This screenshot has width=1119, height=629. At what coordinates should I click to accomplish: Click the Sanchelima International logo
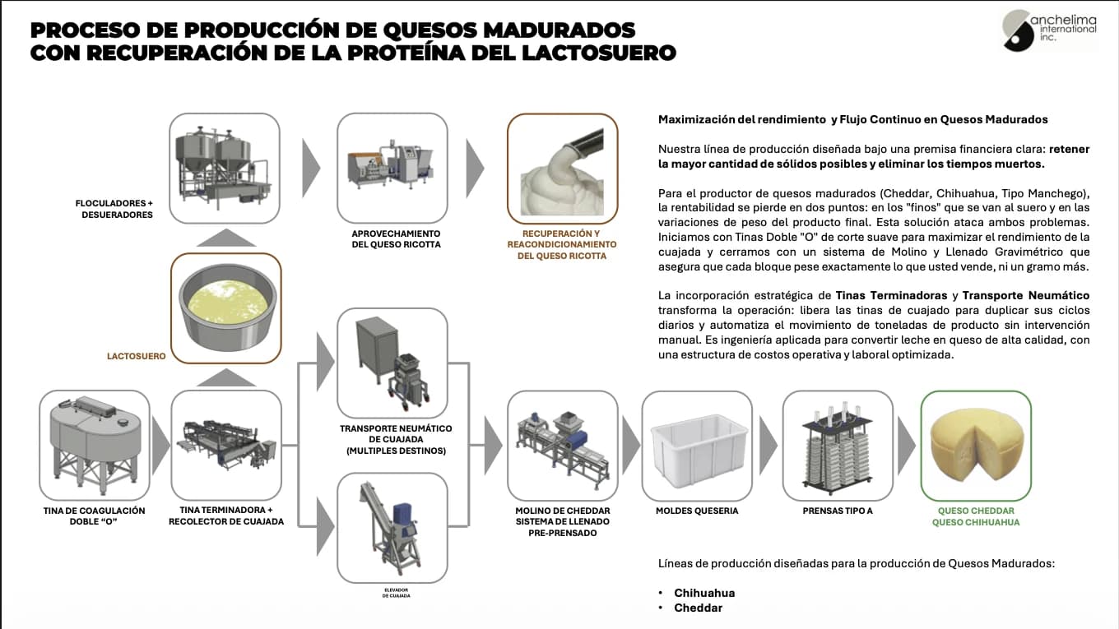tap(1049, 30)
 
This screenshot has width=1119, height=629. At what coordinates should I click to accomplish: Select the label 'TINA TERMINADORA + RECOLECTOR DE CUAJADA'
tap(226, 516)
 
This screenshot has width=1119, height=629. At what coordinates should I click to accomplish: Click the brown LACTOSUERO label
tap(136, 356)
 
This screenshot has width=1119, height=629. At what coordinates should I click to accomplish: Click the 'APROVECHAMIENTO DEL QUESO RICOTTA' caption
tap(391, 238)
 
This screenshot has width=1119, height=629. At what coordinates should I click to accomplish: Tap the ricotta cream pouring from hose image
tap(562, 169)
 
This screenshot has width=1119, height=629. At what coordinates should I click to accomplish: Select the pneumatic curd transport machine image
tap(392, 363)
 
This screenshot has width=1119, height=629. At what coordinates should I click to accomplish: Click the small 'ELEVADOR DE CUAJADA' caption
tap(396, 592)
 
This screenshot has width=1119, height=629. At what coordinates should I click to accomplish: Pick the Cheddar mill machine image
tap(562, 445)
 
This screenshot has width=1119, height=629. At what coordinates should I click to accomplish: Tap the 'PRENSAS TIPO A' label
tap(838, 511)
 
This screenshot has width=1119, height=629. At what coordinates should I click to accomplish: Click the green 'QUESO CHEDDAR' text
tap(976, 511)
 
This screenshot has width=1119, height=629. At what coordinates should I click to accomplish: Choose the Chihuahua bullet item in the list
tap(703, 593)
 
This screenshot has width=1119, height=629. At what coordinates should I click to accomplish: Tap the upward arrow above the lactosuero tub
tap(226, 238)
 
